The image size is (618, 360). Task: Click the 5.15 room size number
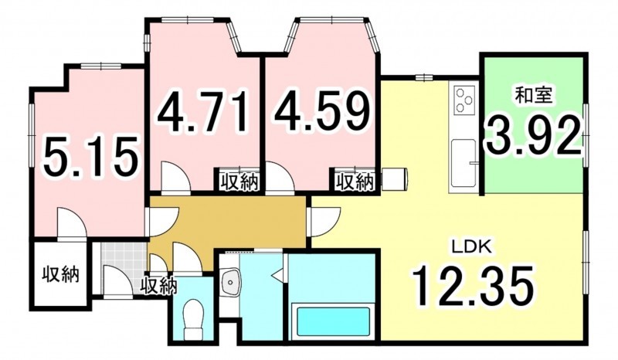pos(91,156)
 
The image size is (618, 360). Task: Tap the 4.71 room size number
pos(204,111)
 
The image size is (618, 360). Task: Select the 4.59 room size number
pos(322,111)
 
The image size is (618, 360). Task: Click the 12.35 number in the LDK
pos(473,286)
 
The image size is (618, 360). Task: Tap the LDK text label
pos(472,247)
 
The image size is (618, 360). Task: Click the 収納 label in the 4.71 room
pos(239,182)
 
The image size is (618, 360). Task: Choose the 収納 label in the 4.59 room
pos(355,182)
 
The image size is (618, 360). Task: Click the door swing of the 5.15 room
pos(72,222)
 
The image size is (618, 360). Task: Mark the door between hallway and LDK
pos(325,221)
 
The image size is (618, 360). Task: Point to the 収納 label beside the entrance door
pos(160,286)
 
